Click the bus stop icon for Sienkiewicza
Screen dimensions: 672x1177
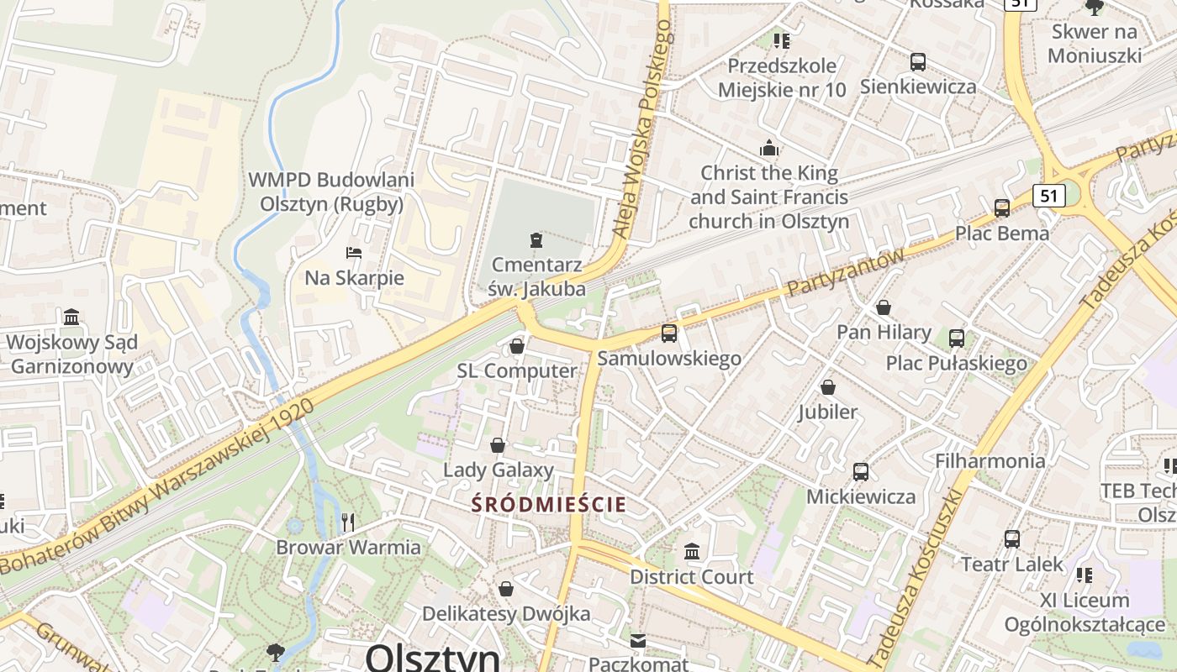917,61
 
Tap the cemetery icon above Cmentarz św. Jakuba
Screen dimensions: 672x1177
536,240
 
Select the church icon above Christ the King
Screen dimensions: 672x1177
768,149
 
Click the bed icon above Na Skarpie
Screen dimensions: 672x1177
354,252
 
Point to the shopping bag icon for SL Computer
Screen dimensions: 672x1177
517,346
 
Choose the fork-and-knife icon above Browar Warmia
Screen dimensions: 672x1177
348,522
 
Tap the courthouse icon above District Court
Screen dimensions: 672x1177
692,552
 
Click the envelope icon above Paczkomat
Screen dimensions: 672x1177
638,641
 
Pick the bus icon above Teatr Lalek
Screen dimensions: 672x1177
1012,538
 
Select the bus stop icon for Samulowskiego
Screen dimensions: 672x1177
669,333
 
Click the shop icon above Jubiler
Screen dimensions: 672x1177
828,387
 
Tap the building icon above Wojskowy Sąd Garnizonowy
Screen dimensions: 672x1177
71,318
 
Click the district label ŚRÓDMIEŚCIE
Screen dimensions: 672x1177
549,505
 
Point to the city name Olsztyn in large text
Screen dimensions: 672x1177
432,657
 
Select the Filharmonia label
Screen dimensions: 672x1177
990,460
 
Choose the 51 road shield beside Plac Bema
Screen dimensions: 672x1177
1048,196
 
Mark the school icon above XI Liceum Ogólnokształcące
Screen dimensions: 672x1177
1085,575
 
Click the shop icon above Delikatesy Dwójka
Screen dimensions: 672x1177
506,589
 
